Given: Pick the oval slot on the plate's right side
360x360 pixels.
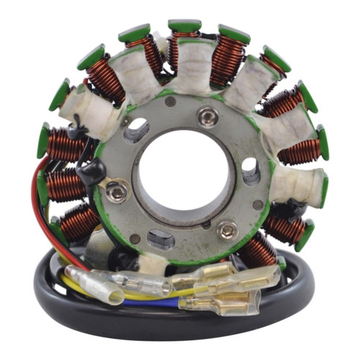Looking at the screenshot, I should pyautogui.click(x=250, y=171).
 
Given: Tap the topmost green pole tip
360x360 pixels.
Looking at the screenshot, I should pyautogui.click(x=185, y=27).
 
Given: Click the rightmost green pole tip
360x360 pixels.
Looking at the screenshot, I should pyautogui.click(x=323, y=143).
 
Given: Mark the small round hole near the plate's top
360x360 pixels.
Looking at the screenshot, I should pyautogui.click(x=171, y=102).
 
